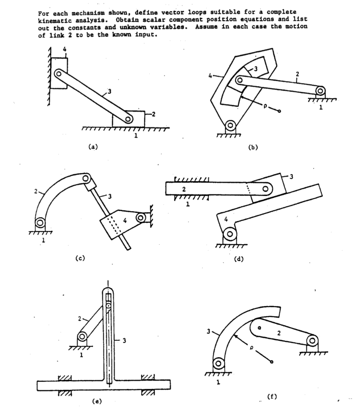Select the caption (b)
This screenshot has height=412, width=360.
click(253, 147)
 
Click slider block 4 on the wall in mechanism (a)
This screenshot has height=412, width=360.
click(59, 73)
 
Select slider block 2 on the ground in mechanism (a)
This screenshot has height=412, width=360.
click(128, 118)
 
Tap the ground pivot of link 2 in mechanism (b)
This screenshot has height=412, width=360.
click(320, 91)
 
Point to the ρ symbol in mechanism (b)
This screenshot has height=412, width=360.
click(265, 107)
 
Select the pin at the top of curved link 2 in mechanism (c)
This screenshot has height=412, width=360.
click(85, 179)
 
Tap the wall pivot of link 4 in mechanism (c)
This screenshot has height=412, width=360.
click(140, 218)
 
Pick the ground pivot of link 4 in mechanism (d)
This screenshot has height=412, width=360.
click(229, 233)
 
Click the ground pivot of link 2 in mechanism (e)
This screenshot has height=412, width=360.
click(82, 336)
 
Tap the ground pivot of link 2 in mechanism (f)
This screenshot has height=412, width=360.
click(312, 340)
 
